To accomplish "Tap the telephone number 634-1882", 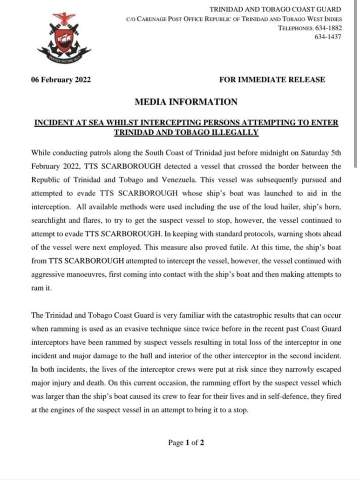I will click(328, 28).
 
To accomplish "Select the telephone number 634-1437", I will click(328, 36).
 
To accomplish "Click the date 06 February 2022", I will click(61, 80).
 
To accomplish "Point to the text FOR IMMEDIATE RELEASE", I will click(272, 80).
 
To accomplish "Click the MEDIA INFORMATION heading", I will click(186, 102).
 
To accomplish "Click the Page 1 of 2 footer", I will click(186, 443).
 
